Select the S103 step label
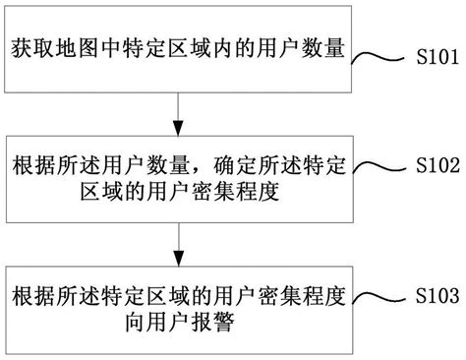tap(432, 292)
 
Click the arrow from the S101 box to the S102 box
tap(177, 105)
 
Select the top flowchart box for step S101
tap(177, 46)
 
